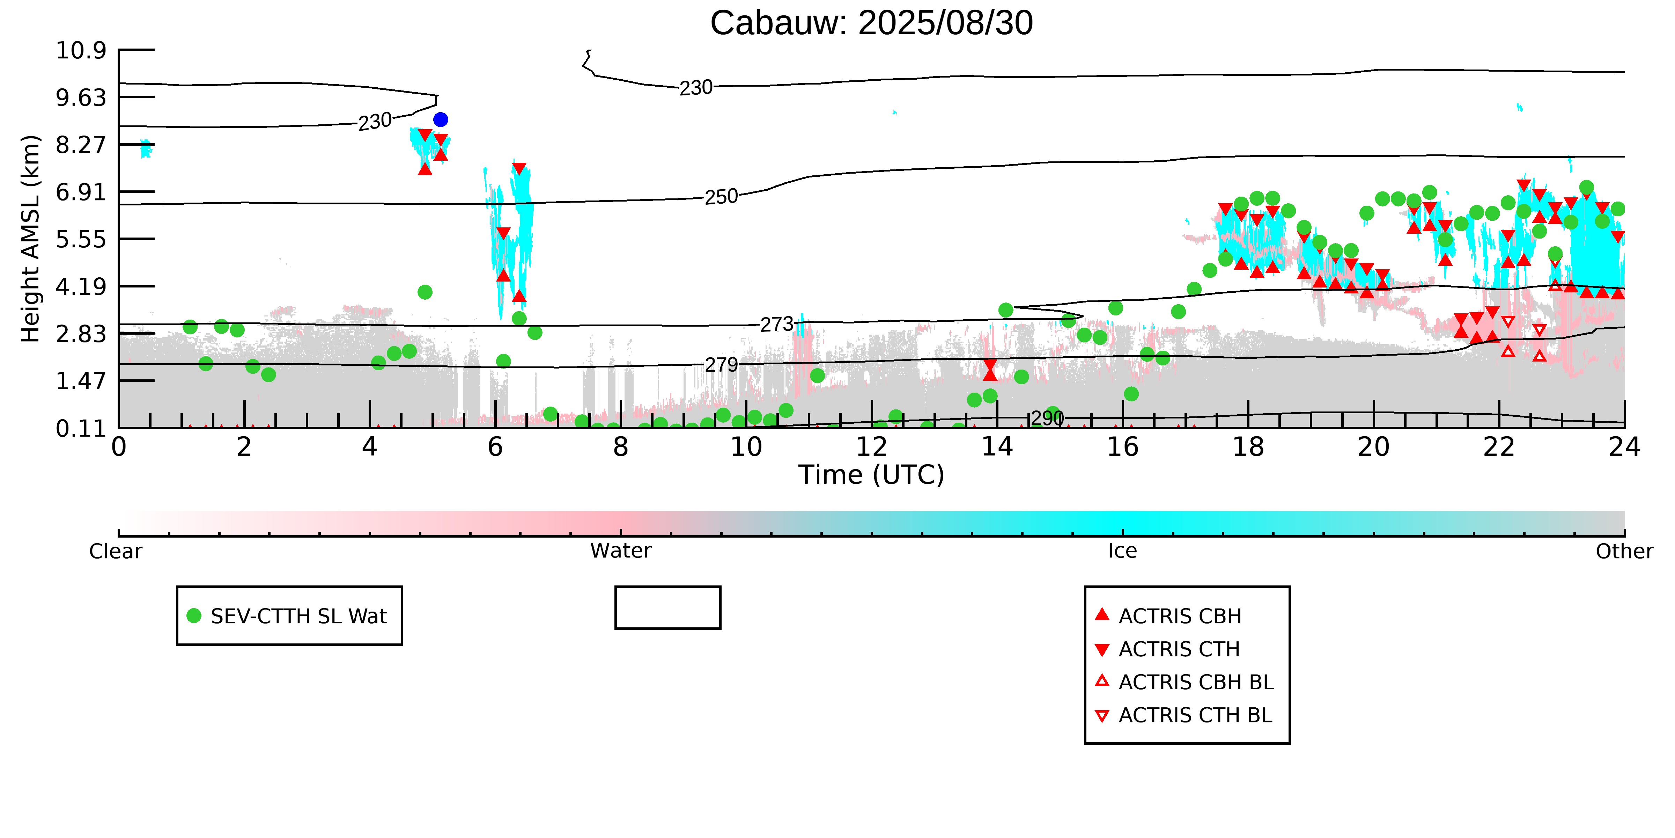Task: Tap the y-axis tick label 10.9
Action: tap(81, 50)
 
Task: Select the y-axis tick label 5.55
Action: tap(81, 239)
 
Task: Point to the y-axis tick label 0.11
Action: tap(81, 429)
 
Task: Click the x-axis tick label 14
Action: tap(997, 447)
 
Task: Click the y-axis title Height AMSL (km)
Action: tap(31, 239)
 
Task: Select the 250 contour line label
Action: tap(721, 196)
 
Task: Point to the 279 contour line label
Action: tap(721, 365)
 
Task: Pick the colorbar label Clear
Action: tap(116, 552)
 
